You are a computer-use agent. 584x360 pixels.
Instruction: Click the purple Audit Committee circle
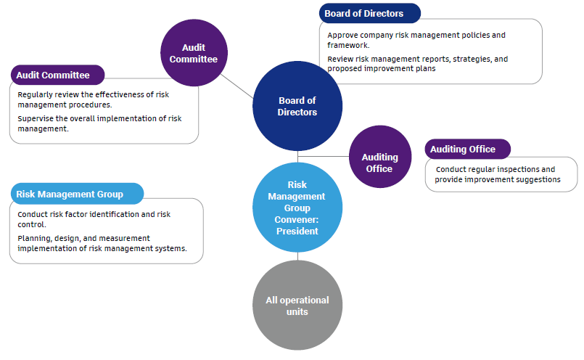[x=193, y=52]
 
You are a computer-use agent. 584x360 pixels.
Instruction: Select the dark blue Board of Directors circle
[x=297, y=106]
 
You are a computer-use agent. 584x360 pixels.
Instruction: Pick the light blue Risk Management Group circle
[x=297, y=208]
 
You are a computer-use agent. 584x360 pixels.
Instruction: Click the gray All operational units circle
[x=297, y=306]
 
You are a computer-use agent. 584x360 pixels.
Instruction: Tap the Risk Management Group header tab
[x=75, y=194]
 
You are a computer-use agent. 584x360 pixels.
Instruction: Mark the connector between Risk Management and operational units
[x=297, y=255]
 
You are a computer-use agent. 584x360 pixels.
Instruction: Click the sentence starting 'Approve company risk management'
[x=416, y=39]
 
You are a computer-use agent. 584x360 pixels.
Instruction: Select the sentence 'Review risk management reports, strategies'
[x=416, y=63]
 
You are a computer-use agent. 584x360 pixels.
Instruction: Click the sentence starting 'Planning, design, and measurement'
[x=102, y=243]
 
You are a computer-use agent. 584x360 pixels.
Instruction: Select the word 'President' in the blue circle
[x=297, y=232]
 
